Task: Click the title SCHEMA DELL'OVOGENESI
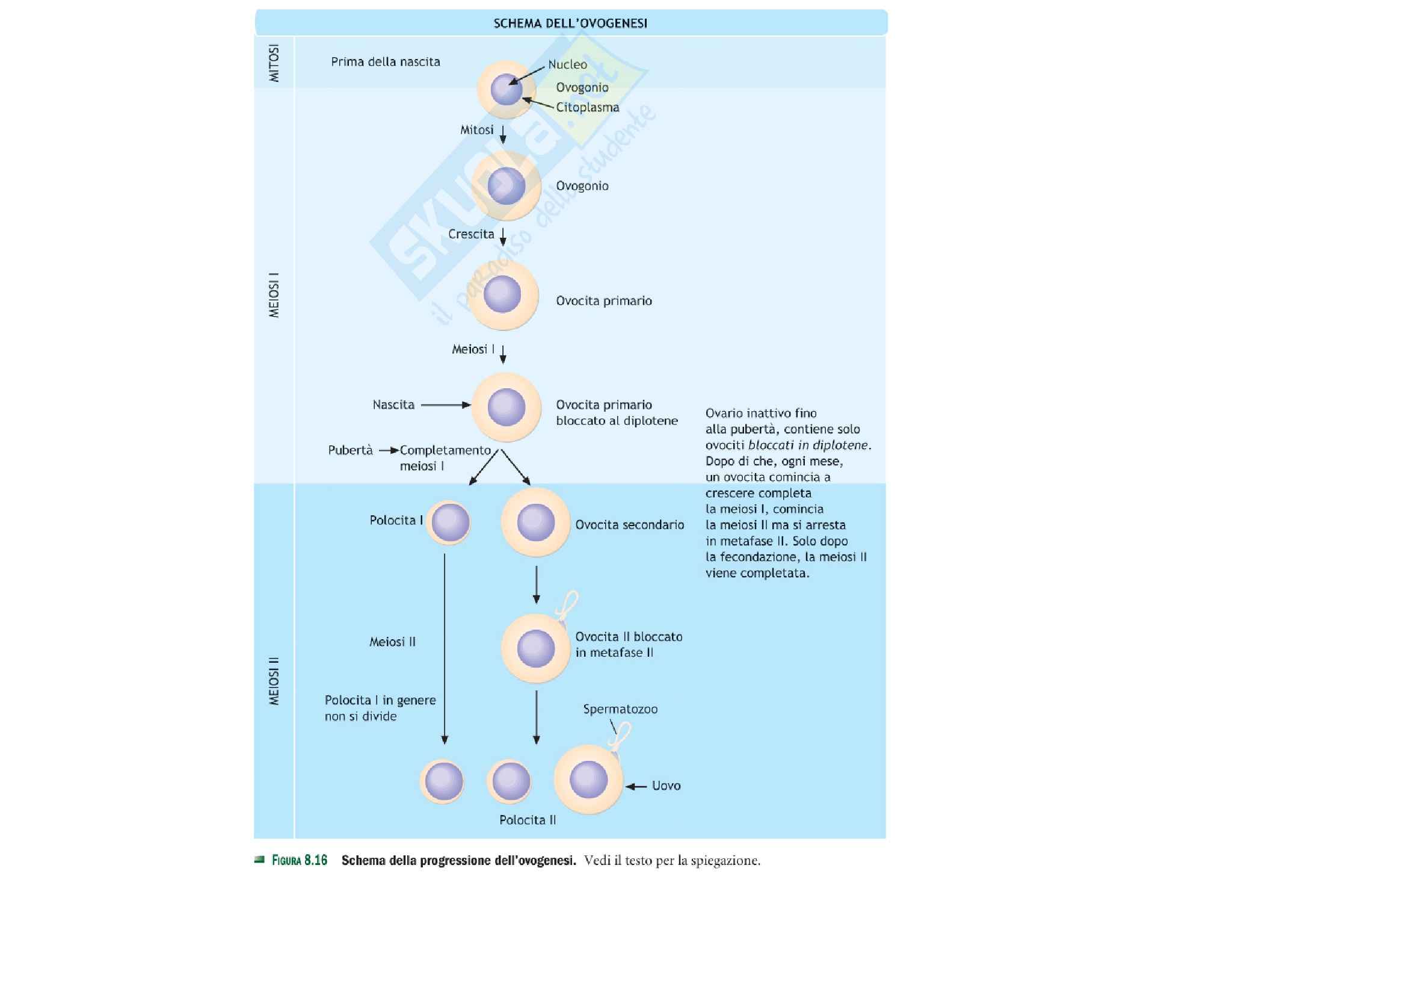[x=570, y=23]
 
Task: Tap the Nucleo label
[x=567, y=64]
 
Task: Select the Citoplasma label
[x=587, y=107]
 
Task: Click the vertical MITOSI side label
[x=274, y=63]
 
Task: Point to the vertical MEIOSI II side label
[x=274, y=681]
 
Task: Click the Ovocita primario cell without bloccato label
[x=503, y=296]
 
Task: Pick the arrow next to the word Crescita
[x=503, y=236]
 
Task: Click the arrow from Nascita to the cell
[x=446, y=405]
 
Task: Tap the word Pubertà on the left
[x=350, y=450]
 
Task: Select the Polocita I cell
[x=449, y=522]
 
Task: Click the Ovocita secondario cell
[x=535, y=522]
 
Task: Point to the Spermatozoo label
[x=620, y=708]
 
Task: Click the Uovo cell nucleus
[x=588, y=780]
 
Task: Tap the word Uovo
[x=666, y=786]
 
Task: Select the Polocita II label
[x=527, y=820]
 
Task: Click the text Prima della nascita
[x=386, y=62]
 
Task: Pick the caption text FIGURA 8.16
[x=300, y=860]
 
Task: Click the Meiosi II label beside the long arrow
[x=392, y=642]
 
